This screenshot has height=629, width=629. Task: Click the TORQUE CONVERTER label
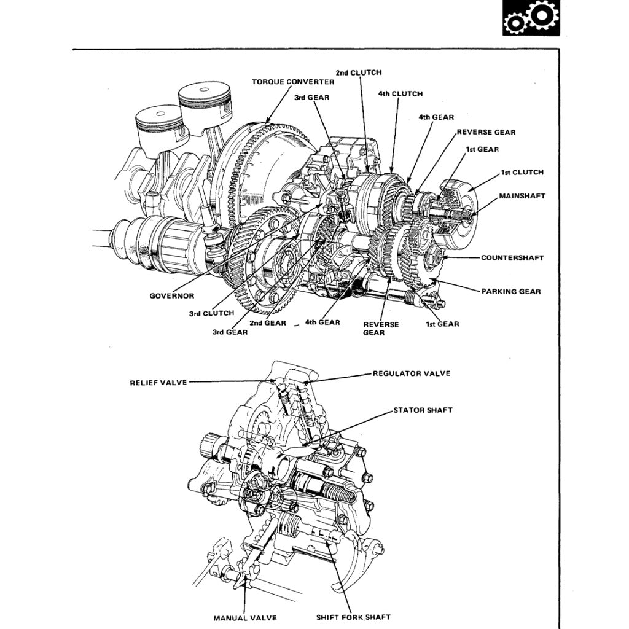click(293, 82)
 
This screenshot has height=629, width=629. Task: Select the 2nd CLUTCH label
click(358, 72)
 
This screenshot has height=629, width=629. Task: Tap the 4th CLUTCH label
click(400, 94)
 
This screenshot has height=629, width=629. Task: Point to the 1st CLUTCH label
click(522, 173)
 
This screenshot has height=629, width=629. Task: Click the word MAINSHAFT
click(522, 196)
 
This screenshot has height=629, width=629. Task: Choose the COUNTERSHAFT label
click(512, 258)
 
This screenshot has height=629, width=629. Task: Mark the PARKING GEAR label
click(510, 291)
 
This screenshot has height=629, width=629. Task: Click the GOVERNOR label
click(172, 296)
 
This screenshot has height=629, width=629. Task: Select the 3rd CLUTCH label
click(211, 313)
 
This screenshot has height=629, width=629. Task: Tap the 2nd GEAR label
click(267, 323)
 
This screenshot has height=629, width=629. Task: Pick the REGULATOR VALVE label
click(411, 373)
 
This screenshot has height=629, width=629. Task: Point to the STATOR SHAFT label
click(423, 410)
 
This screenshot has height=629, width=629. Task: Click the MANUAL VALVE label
click(244, 617)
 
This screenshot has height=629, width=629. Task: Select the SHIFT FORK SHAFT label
click(353, 617)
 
